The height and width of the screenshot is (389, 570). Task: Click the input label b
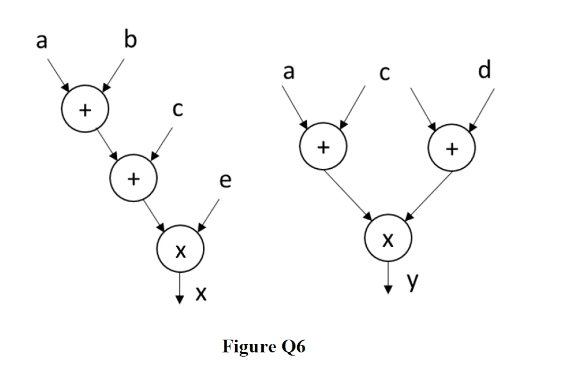tap(129, 40)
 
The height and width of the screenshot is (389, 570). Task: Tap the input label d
tap(484, 70)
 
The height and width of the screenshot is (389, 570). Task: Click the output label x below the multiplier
tap(200, 293)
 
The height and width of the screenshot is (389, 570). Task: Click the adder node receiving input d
tap(452, 148)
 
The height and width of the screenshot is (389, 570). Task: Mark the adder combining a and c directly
tap(323, 146)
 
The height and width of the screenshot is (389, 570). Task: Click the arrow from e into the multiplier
tap(209, 215)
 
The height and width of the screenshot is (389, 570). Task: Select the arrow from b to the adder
tap(114, 75)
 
